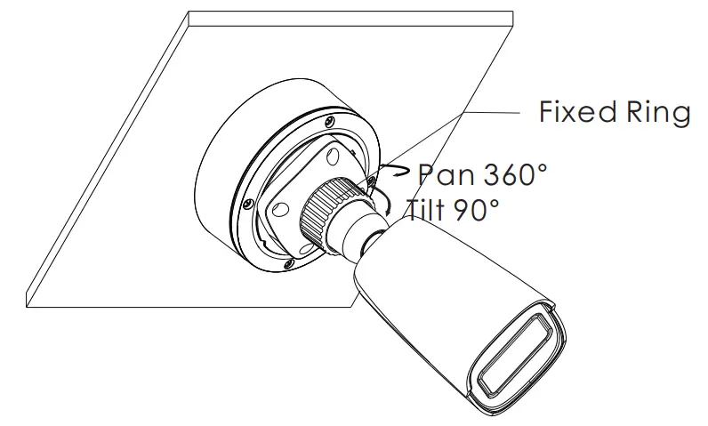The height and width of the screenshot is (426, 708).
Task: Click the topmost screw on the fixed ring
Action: coord(331,118)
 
